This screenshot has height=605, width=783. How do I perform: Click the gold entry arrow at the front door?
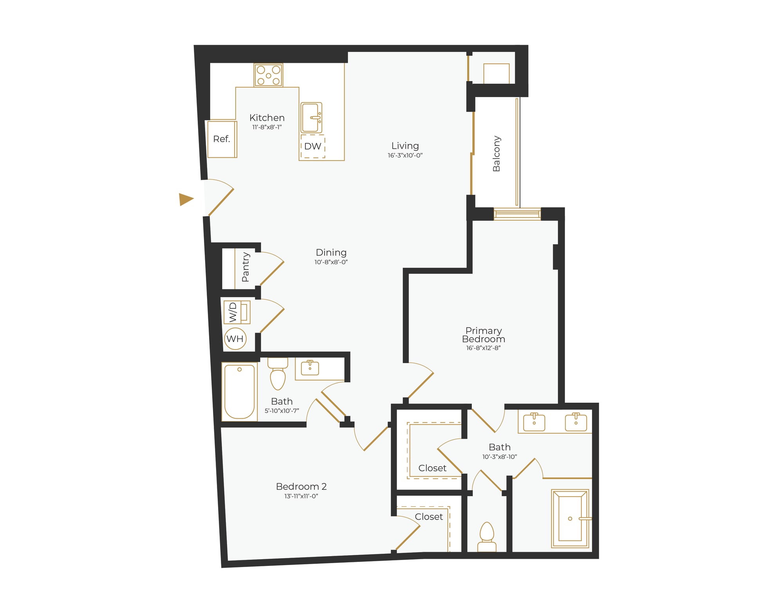pos(186,199)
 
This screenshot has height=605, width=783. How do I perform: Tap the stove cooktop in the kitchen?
pos(268,75)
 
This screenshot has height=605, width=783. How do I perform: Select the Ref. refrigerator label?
pos(222,139)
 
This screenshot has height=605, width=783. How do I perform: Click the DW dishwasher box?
pos(312,146)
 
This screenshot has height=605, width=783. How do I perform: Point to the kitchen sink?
pos(311,117)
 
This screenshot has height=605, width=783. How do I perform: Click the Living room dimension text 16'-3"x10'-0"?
pos(405,155)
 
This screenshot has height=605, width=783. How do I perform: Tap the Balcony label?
pos(496,153)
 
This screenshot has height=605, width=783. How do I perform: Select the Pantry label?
pos(245,267)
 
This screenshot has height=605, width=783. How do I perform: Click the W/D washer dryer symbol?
pos(237,312)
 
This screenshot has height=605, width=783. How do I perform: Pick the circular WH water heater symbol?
pos(235,339)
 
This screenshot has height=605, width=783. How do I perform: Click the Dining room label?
pos(331,252)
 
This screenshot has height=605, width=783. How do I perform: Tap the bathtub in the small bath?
pos(239,392)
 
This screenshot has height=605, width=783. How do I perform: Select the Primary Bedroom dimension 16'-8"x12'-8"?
pos(483,348)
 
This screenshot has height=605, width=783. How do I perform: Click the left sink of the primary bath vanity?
pos(534,422)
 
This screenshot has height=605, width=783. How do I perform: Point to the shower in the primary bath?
pos(570,518)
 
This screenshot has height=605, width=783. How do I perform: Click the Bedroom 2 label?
pos(301,486)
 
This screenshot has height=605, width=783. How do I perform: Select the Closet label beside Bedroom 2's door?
pos(429,517)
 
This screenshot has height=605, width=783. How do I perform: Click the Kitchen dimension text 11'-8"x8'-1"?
pos(267,127)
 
